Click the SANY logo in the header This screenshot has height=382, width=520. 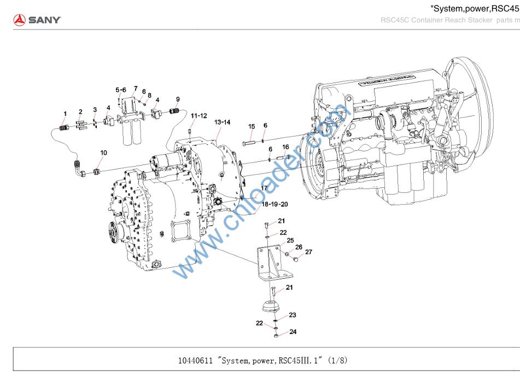[37, 20]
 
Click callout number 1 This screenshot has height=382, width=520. [65, 114]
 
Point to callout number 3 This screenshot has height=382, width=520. [95, 110]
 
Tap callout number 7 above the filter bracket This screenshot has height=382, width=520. [136, 88]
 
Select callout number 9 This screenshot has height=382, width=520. [178, 99]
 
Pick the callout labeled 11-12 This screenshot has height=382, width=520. [198, 116]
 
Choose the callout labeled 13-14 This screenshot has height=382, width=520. [223, 122]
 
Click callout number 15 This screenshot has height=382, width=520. [252, 127]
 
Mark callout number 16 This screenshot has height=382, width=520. [285, 147]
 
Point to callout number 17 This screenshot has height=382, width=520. [264, 188]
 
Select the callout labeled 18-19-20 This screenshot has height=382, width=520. [276, 204]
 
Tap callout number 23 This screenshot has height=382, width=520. [293, 315]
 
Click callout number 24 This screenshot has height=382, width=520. [293, 332]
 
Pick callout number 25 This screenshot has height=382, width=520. [290, 240]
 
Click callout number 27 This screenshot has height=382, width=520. [308, 252]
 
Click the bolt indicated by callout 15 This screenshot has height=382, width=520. [249, 144]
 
